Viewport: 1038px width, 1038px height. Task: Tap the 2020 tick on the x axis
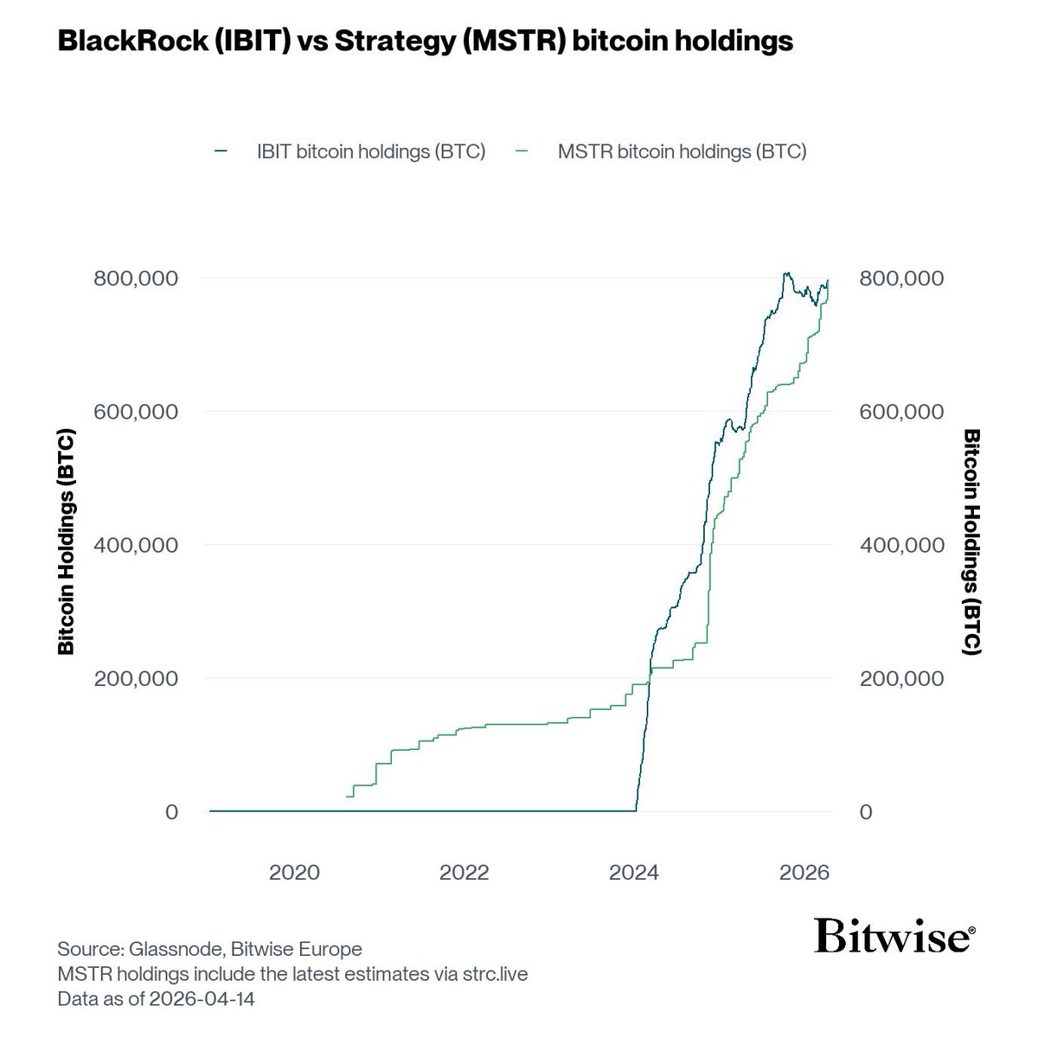point(295,873)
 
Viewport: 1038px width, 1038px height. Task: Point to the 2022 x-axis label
point(465,873)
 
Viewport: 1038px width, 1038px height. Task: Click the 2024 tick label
point(634,873)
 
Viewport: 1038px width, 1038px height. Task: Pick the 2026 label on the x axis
point(804,873)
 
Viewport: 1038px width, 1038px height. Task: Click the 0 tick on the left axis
point(171,811)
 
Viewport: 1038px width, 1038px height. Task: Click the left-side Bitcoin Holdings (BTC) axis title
point(67,543)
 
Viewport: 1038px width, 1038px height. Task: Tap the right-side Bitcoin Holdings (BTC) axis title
point(971,543)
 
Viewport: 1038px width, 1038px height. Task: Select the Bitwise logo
point(894,938)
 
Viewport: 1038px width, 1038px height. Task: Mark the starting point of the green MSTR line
point(347,796)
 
